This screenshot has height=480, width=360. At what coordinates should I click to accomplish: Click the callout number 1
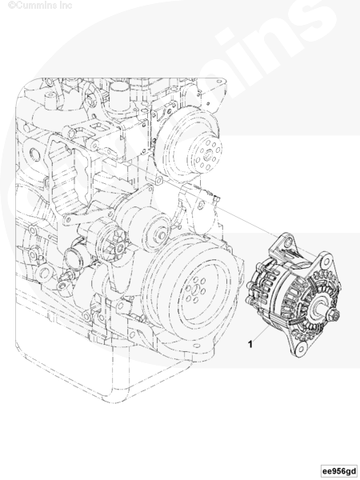pyautogui.click(x=250, y=344)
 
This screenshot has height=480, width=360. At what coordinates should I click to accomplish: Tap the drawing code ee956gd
pyautogui.click(x=339, y=470)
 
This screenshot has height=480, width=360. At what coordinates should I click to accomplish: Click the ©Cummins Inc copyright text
pyautogui.click(x=40, y=6)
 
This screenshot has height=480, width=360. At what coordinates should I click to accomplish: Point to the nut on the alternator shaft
pyautogui.click(x=333, y=314)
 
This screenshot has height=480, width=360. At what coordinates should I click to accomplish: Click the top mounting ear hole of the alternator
pyautogui.click(x=287, y=242)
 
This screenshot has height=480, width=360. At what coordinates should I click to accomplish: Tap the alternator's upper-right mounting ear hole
pyautogui.click(x=326, y=262)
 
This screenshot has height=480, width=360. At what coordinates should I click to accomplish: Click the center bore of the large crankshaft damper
pyautogui.click(x=196, y=289)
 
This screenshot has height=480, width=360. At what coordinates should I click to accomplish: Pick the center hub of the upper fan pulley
pyautogui.click(x=208, y=154)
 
